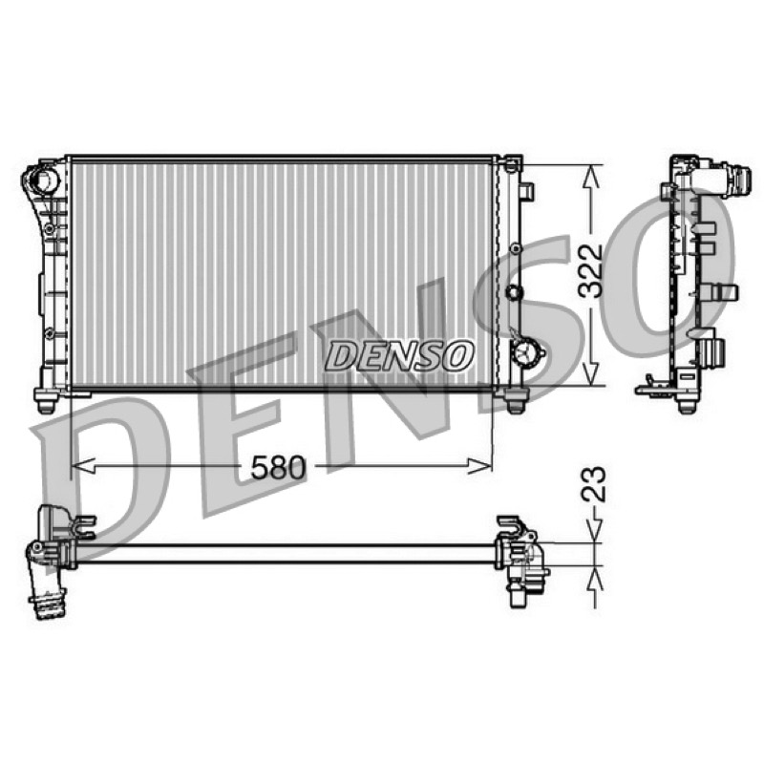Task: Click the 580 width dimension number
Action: point(278,468)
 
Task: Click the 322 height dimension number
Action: point(590,270)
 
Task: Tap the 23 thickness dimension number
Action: point(593,484)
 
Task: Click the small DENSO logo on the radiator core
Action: point(399,354)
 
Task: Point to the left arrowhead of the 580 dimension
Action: point(83,466)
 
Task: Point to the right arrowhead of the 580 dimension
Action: point(480,466)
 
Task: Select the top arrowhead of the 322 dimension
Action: point(591,177)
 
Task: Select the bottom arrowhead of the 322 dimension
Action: point(591,372)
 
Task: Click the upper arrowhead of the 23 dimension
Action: point(595,531)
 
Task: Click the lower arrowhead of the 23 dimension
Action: point(595,579)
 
